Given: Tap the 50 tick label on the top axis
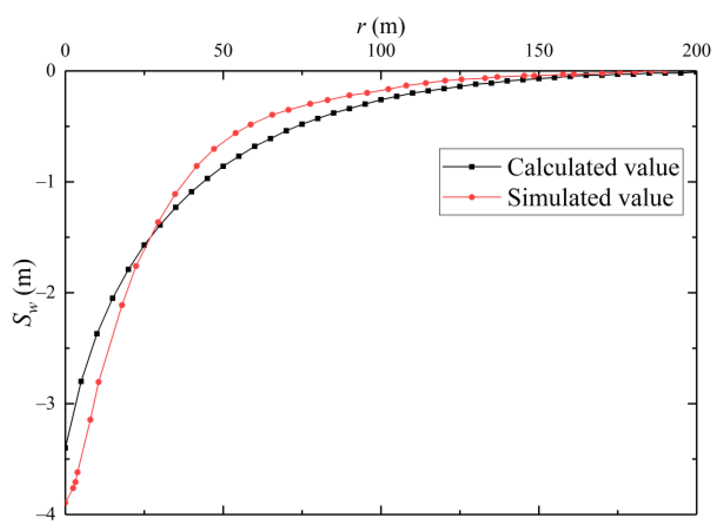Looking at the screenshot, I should click(x=223, y=51).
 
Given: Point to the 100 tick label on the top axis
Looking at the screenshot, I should click(x=381, y=51).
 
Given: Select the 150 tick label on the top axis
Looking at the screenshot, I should click(x=539, y=51).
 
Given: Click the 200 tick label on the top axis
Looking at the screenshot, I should click(x=696, y=51).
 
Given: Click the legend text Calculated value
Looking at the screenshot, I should click(x=592, y=167).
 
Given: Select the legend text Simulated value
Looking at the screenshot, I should click(x=590, y=198).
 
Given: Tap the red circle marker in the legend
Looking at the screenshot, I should click(x=472, y=198).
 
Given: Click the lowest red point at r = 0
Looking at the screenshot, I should click(x=66, y=503).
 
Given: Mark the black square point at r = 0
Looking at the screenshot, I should click(x=66, y=447).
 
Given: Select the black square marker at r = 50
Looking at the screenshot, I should click(x=223, y=166).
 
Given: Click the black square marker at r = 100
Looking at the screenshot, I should click(x=381, y=99).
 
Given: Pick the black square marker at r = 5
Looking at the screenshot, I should click(x=81, y=381).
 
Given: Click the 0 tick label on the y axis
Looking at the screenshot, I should click(x=51, y=71).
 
